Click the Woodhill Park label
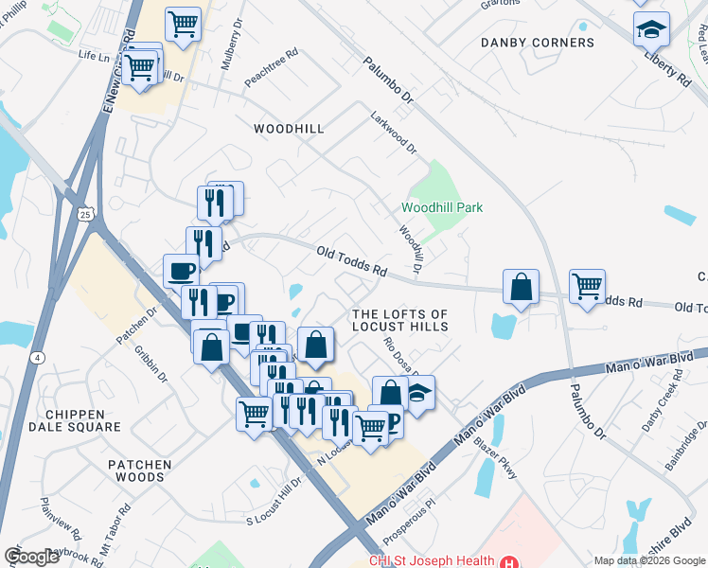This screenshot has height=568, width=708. (x=442, y=207)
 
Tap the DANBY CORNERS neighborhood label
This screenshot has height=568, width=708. (x=537, y=43)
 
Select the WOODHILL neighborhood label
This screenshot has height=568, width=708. (x=289, y=128)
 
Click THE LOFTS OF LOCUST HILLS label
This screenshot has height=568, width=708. (x=399, y=320)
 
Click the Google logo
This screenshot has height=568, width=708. (x=31, y=557)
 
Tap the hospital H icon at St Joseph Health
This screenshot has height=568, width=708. (x=511, y=560)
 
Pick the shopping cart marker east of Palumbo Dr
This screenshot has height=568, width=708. (x=587, y=286)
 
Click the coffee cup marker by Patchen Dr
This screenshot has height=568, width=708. (x=181, y=272)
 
